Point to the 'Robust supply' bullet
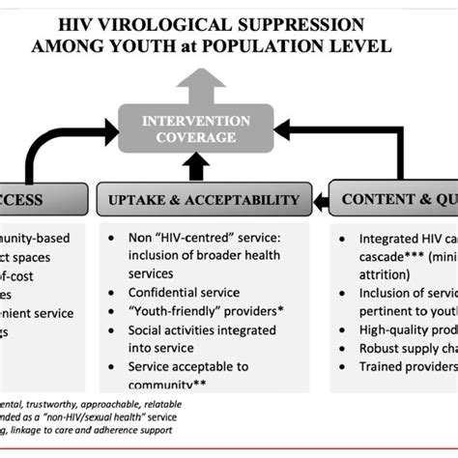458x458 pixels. (406, 347)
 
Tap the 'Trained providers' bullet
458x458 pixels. (406, 367)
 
